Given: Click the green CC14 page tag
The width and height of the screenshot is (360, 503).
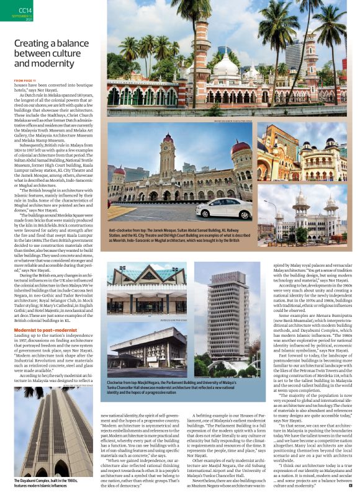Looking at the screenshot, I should coord(25,11).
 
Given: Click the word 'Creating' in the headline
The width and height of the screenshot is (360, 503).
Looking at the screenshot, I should coord(38,43).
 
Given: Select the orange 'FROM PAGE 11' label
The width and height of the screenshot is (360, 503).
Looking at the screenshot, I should coord(25,81).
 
